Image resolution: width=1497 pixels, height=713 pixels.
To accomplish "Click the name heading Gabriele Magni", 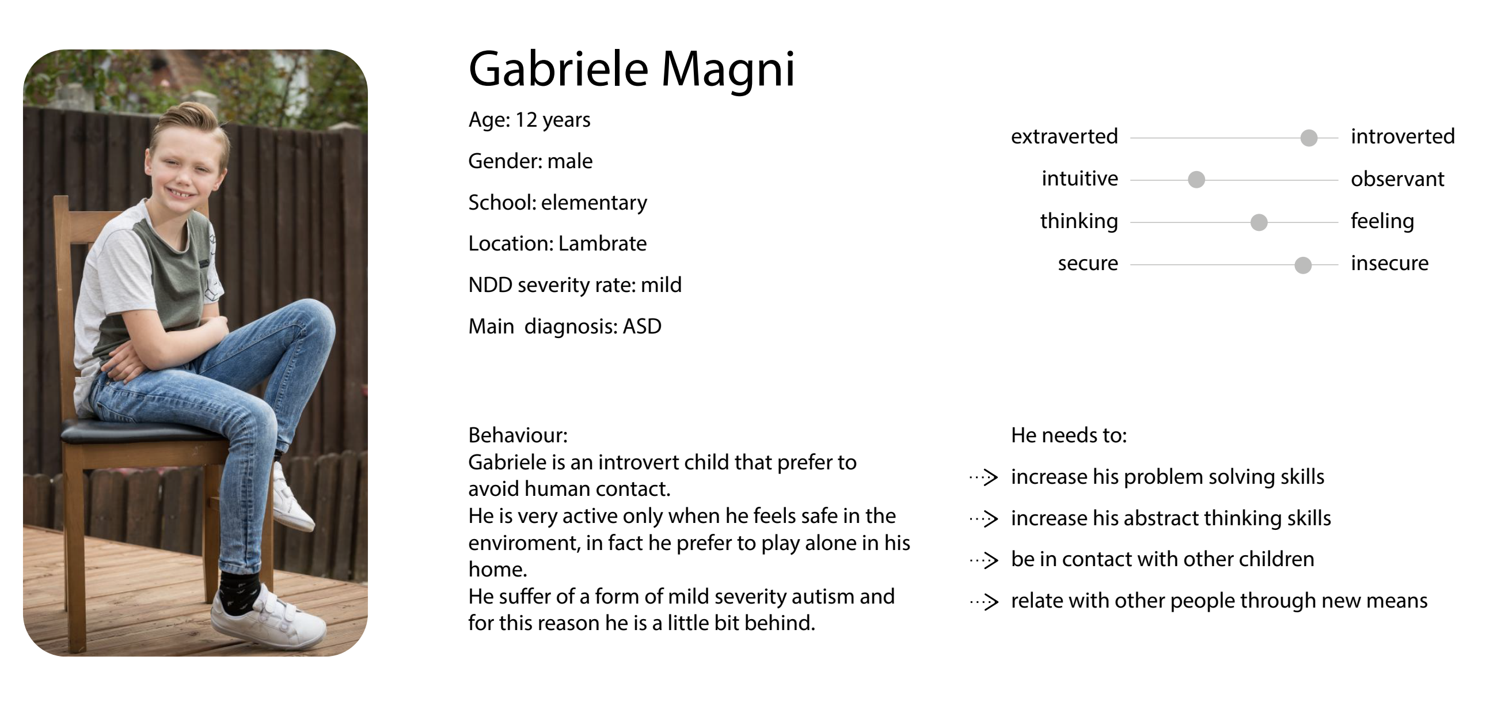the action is point(632,70).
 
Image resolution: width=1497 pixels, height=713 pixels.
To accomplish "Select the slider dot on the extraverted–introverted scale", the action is point(1309,138).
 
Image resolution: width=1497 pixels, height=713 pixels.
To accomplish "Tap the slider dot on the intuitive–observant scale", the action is point(1196,180).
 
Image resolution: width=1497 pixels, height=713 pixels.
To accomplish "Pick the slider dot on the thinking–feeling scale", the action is point(1259,222).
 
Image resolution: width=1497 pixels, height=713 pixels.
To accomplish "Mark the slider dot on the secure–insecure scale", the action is point(1303,265).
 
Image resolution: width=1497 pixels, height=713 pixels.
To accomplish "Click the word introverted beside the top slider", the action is point(1402,136).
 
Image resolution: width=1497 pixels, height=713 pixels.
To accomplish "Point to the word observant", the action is point(1397,179).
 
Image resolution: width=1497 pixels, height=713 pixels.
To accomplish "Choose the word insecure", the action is point(1389,263).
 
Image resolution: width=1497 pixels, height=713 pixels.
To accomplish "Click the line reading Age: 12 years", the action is point(529,120).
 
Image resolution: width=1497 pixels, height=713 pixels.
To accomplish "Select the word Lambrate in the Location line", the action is point(602,244).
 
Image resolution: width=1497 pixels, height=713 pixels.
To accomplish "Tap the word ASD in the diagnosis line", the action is point(642,327).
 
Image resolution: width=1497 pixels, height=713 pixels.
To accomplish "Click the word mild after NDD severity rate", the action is point(662,285).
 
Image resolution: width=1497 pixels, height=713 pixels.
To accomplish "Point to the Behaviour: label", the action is point(518,435).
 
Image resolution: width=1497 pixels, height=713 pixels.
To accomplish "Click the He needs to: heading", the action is point(1069,435).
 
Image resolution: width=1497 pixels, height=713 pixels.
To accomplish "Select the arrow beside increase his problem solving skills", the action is point(984,477).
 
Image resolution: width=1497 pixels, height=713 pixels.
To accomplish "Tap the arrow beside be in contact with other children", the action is point(984,560).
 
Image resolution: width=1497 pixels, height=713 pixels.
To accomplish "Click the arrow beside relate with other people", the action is point(984,601).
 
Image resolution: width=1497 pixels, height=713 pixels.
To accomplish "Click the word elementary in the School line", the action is point(594,203).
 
